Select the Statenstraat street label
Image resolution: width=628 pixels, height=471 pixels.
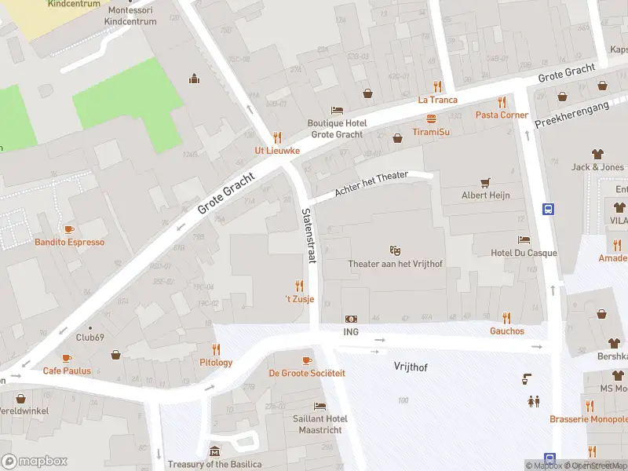(307, 235)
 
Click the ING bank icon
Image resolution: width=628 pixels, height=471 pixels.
(351, 319)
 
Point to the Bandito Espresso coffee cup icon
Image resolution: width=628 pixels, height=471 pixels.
(69, 228)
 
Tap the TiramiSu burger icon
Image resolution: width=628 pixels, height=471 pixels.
(431, 119)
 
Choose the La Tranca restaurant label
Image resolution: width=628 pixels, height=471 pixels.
(437, 100)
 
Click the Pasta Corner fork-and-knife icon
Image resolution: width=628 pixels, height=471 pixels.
(502, 102)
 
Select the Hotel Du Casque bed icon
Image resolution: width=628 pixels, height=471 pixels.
(524, 239)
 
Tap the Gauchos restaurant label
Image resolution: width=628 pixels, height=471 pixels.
(506, 331)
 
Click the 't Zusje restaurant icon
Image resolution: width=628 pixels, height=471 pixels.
(298, 286)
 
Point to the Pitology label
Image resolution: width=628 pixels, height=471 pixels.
(216, 363)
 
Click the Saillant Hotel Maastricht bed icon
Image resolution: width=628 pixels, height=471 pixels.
(319, 406)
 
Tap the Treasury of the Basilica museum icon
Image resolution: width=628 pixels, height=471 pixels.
(215, 451)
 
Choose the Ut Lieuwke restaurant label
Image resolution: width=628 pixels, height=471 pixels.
(276, 151)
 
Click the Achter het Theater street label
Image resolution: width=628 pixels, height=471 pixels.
(371, 184)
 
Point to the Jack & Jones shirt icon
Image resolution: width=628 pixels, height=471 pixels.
(597, 154)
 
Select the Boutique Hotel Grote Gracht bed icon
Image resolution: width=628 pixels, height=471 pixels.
(337, 111)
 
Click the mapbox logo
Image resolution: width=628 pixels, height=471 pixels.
(35, 461)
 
